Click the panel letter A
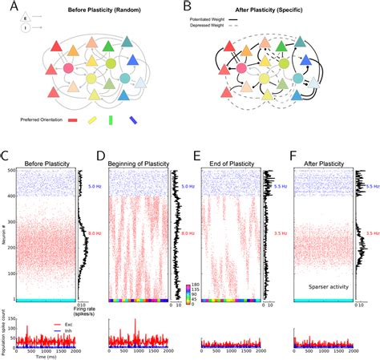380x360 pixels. pos(9,8)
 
